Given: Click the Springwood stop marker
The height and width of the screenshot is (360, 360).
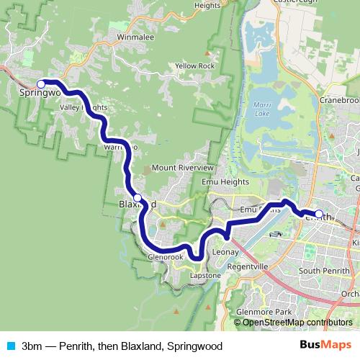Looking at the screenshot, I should click(41, 84).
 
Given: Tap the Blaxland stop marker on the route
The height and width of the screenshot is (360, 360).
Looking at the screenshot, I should click(138, 197).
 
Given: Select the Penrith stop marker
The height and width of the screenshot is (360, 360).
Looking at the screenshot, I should click(319, 214).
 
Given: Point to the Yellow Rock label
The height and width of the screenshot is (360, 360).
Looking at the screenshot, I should click(194, 66).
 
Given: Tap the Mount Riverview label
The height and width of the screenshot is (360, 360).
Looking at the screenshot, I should click(183, 168).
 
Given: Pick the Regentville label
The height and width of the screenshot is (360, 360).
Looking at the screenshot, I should click(247, 266).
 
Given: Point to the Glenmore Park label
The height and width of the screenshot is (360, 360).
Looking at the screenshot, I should click(263, 312).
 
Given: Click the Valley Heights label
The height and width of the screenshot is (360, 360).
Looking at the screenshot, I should click(83, 107).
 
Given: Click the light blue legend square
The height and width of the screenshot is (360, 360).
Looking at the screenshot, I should click(9, 345).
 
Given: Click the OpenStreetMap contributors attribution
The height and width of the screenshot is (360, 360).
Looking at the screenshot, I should click(297, 322).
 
